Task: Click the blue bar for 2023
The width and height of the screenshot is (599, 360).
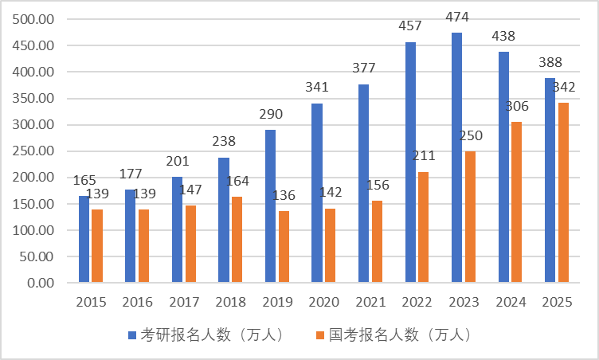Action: tap(456, 158)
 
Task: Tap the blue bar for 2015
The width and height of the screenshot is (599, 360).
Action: tap(84, 239)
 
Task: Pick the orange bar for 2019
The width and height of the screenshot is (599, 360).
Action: tap(284, 246)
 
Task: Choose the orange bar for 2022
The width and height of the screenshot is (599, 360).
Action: tap(423, 227)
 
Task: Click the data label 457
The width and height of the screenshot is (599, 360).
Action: tap(410, 26)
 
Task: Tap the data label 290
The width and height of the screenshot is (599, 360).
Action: tap(271, 115)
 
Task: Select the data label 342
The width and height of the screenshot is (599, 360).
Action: tap(564, 87)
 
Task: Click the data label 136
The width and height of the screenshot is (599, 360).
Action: tap(284, 196)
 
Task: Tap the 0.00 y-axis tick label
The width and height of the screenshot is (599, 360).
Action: tap(40, 283)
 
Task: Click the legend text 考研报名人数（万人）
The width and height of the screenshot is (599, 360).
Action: tap(212, 335)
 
